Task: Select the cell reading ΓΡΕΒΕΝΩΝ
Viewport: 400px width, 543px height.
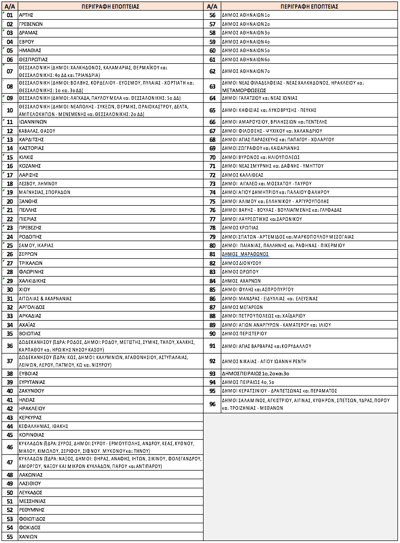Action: pos(31,24)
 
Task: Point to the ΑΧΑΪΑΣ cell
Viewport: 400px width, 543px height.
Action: pos(29,325)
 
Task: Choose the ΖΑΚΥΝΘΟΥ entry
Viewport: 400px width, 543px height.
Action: pos(31,391)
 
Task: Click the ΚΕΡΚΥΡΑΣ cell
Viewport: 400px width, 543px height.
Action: pos(30,417)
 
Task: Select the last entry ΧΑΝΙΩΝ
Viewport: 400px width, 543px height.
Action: pos(28,536)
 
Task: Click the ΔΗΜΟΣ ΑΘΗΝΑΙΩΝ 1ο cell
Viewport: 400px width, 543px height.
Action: pos(246,15)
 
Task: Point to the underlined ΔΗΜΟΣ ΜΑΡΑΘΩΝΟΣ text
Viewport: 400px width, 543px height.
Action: pos(245,254)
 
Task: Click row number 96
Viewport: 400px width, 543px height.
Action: pos(212,404)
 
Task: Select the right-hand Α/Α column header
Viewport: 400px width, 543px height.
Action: pos(212,6)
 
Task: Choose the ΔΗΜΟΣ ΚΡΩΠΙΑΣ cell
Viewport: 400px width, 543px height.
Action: pos(240,228)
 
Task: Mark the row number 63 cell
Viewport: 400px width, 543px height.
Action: pos(212,86)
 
